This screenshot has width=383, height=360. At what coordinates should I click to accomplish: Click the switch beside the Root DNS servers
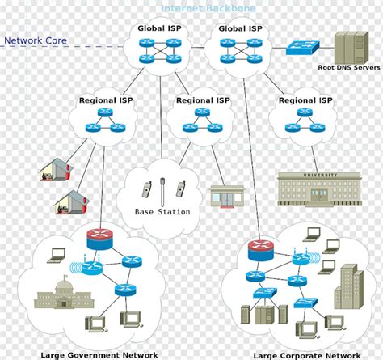click(303, 48)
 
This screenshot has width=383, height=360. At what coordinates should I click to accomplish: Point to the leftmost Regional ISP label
click(106, 100)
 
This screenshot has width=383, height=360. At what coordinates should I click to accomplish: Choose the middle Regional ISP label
click(203, 100)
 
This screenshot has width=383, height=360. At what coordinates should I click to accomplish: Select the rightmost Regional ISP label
click(305, 100)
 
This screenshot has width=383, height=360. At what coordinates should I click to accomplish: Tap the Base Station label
click(162, 212)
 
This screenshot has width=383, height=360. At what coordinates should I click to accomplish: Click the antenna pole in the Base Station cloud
click(162, 191)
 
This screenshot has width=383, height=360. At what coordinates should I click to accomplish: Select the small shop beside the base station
click(226, 196)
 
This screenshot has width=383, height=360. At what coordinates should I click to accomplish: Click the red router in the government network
click(100, 237)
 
